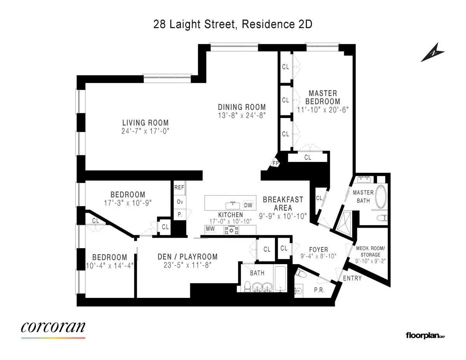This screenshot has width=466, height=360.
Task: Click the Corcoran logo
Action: [53, 327]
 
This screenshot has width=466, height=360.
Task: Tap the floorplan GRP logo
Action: [425, 335]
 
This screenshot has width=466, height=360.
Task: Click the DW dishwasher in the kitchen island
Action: [247, 205]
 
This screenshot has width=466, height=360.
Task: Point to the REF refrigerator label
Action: [179, 187]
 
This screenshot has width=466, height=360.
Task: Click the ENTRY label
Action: [352, 278]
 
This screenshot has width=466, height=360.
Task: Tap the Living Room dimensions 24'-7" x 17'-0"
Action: [145, 131]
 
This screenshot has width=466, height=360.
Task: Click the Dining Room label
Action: [242, 107]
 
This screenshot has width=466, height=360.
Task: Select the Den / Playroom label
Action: [188, 257]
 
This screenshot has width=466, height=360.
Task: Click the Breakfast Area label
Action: [283, 203]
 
